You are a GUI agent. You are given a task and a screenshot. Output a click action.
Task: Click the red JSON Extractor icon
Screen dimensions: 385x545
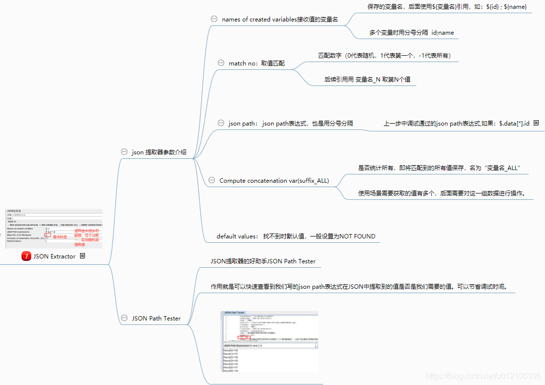26,256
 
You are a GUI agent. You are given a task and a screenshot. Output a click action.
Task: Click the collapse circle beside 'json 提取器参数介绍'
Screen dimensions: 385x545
124,152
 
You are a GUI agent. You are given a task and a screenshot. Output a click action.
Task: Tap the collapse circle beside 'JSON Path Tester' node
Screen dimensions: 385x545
124,318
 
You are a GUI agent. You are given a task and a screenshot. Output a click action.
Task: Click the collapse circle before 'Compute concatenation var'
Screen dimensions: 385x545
211,180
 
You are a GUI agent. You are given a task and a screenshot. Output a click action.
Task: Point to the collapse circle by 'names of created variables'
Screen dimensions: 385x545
214,19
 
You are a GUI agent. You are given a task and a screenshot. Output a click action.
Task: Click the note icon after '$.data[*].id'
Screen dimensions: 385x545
536,123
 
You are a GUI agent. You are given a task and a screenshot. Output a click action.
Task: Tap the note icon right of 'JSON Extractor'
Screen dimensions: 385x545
83,256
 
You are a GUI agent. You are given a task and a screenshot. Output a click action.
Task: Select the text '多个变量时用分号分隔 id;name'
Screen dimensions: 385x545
411,33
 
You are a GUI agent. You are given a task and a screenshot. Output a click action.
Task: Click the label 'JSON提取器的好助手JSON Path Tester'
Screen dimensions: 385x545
263,261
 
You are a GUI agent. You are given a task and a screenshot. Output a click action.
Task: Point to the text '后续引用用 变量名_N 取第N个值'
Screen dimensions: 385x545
370,79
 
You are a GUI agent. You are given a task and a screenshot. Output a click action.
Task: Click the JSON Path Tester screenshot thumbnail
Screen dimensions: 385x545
270,342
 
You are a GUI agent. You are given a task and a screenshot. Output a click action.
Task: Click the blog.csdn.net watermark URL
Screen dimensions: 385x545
483,376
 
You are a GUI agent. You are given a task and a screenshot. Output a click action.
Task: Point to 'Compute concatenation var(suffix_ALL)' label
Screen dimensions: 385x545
274,181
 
